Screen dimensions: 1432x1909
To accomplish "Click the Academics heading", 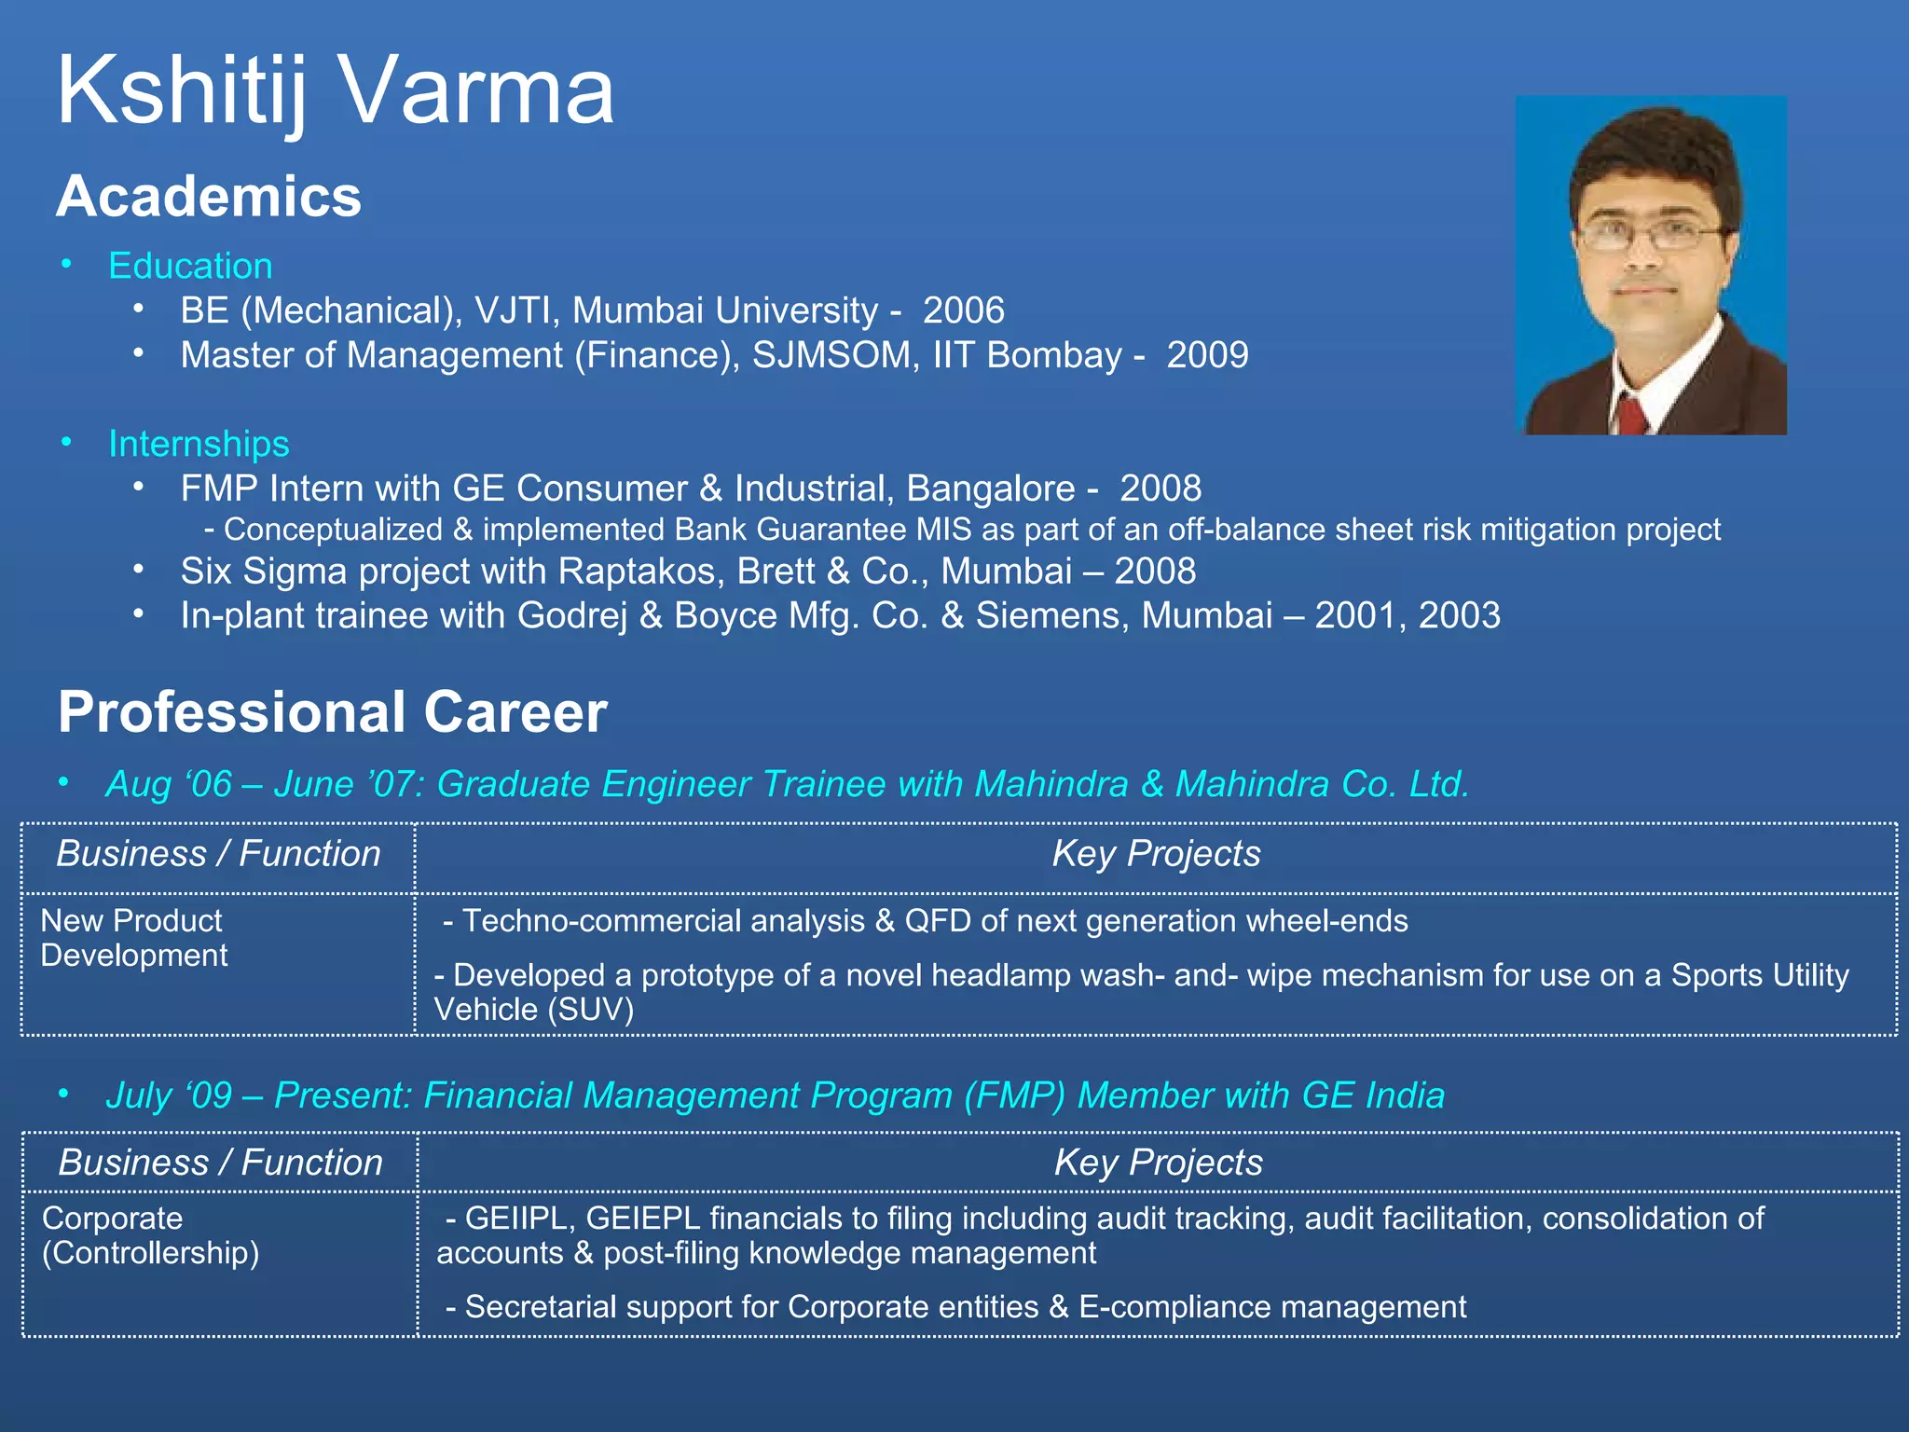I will (209, 197).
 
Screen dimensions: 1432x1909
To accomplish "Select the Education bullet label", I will (190, 267).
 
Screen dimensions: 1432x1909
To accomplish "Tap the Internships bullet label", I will (199, 444).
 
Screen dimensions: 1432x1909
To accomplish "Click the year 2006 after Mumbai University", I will (963, 310).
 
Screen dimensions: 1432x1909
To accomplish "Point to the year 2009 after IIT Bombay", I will (1207, 355).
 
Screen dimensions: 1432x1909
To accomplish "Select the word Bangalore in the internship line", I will (990, 489).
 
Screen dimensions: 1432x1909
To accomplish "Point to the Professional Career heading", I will (332, 712).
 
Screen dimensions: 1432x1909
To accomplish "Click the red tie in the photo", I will (1632, 415).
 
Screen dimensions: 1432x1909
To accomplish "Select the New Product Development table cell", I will (134, 938).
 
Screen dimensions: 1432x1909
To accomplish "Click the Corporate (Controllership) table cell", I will (150, 1235).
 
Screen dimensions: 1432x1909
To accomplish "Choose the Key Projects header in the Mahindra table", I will (1156, 854).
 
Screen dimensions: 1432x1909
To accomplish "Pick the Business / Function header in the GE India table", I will (220, 1163).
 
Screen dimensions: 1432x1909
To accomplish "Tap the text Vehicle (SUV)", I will (533, 1010).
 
